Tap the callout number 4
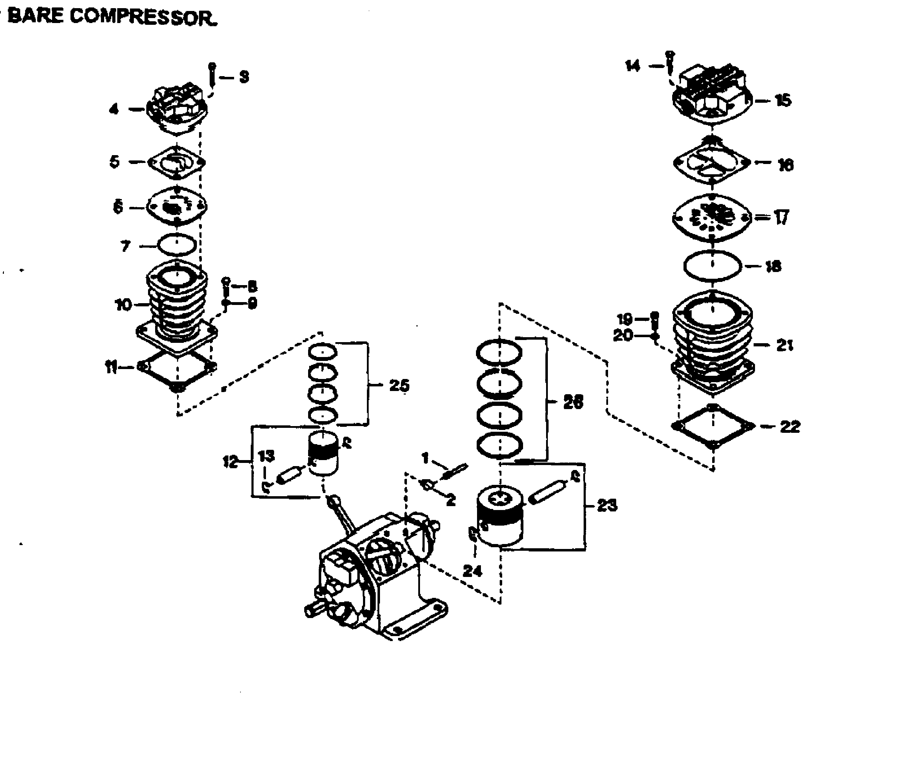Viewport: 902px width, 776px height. (114, 109)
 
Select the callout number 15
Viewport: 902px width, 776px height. (783, 101)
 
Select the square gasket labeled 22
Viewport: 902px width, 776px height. (713, 426)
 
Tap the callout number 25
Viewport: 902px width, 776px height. (399, 385)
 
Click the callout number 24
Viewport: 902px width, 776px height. (472, 571)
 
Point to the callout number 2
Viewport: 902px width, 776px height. (450, 500)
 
